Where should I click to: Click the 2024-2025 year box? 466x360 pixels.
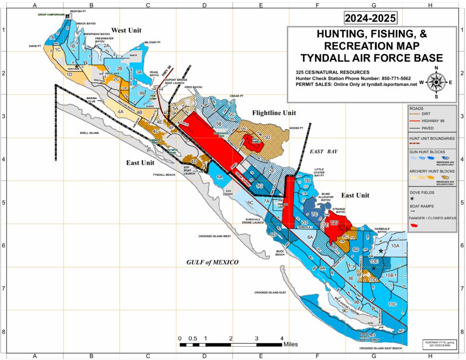[x=370, y=18]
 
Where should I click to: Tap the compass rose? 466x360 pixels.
[x=436, y=82]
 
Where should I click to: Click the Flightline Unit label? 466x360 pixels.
[x=274, y=113]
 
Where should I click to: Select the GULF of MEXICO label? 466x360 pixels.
[x=213, y=262]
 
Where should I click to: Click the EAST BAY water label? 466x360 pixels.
[x=324, y=152]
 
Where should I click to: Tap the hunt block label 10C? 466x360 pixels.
[x=393, y=304]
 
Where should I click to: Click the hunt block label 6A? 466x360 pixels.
[x=219, y=178]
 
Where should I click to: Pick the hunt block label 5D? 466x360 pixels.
[x=267, y=138]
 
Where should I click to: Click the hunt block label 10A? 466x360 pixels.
[x=395, y=246]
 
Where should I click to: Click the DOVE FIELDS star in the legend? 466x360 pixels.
[x=412, y=198]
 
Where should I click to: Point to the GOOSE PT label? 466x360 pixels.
[x=295, y=128]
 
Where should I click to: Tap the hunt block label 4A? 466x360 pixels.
[x=121, y=112]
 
